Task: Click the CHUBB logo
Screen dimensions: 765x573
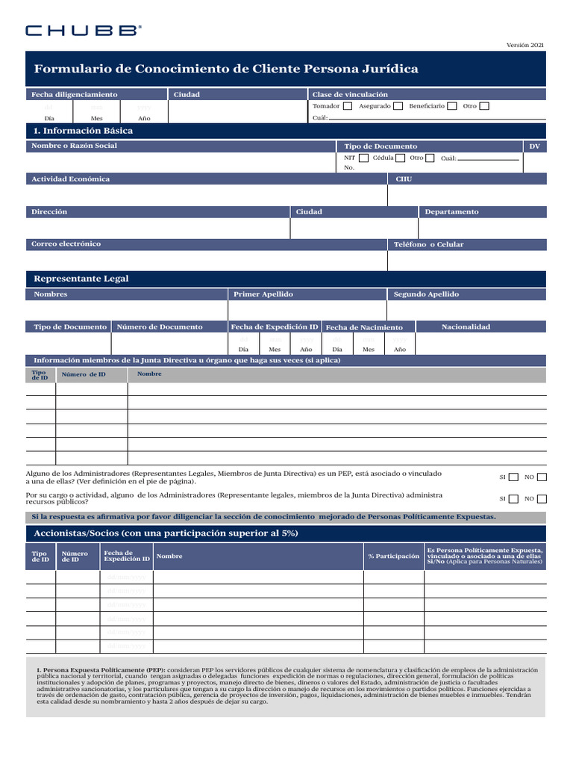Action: (x=83, y=31)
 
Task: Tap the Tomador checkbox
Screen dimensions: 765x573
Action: (x=348, y=106)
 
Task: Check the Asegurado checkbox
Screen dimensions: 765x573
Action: (x=398, y=106)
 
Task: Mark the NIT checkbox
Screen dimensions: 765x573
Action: (x=363, y=158)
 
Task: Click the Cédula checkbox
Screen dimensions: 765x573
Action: (x=401, y=158)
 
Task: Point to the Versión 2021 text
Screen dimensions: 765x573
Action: (x=525, y=46)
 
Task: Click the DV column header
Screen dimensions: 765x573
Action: (x=534, y=146)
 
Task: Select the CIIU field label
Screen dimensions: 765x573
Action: (x=402, y=179)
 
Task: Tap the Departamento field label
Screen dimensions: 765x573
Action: (x=451, y=212)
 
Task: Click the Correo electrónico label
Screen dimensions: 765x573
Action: (x=66, y=244)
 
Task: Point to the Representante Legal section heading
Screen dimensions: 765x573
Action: (x=81, y=279)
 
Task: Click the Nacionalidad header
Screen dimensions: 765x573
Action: (x=466, y=327)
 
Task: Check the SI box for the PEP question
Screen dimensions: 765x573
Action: (x=513, y=477)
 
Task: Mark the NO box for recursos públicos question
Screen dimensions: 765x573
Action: (x=542, y=499)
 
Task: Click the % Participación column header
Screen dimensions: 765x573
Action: (x=393, y=557)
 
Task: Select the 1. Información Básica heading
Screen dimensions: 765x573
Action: (x=84, y=131)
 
